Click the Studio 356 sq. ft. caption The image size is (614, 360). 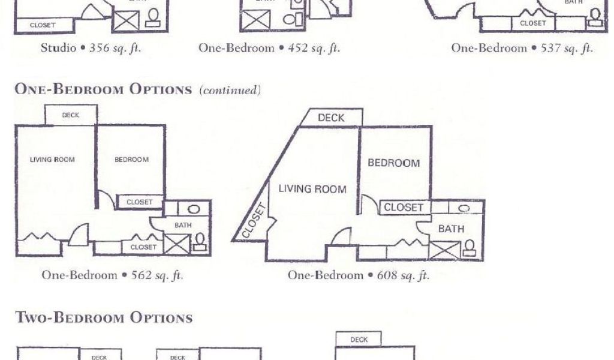[x=91, y=49]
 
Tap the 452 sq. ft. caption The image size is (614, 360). [x=269, y=49]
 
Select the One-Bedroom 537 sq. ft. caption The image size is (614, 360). [x=522, y=49]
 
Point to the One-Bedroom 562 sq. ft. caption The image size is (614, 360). [x=112, y=275]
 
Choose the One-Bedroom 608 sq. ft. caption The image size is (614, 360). [x=359, y=275]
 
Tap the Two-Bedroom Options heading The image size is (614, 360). [x=104, y=317]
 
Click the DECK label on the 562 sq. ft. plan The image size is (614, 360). [x=70, y=115]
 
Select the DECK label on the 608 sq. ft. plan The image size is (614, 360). [x=331, y=118]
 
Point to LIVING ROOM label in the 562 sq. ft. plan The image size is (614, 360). [x=52, y=160]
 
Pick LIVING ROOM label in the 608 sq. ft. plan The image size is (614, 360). [x=312, y=189]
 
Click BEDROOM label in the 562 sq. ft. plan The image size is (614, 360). [x=131, y=160]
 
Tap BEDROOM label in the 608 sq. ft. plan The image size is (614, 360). [x=393, y=163]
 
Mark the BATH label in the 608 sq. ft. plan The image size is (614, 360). [x=451, y=229]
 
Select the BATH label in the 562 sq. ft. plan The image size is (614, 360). [x=182, y=225]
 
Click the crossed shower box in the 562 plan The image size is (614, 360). [x=177, y=244]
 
